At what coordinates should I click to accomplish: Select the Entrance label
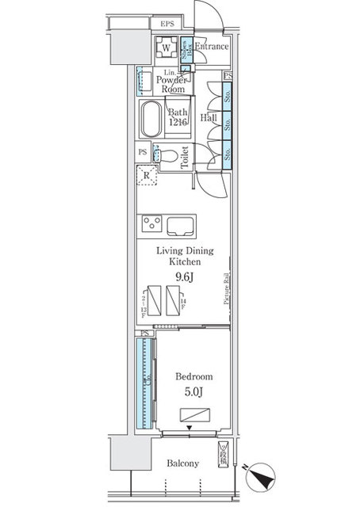212,47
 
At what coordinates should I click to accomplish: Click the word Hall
209,118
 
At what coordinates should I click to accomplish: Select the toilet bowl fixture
166,158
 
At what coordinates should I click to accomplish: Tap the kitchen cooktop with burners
151,223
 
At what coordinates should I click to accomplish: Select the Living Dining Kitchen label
184,255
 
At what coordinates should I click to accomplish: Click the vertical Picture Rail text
226,290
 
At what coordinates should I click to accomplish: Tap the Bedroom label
190,376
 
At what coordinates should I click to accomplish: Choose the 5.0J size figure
190,391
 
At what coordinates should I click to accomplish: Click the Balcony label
183,463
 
